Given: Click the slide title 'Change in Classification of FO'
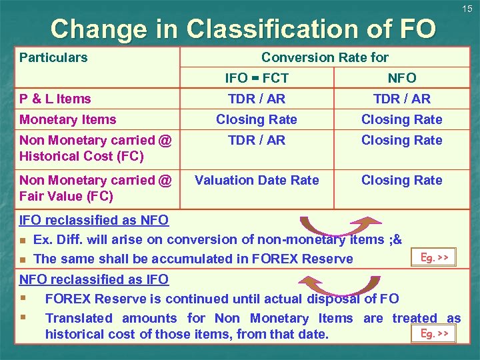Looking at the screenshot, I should (x=243, y=29).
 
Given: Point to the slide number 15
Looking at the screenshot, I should (x=467, y=9).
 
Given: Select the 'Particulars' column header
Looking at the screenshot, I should (x=53, y=57).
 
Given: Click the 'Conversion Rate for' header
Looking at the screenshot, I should (x=325, y=57).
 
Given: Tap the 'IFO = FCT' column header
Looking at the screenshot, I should (x=257, y=78).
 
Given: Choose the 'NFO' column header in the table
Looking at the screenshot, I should (x=402, y=78).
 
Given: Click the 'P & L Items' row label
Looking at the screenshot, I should (x=55, y=99).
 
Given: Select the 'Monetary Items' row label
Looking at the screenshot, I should (x=68, y=119).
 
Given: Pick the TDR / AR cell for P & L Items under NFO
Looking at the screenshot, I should (x=402, y=99).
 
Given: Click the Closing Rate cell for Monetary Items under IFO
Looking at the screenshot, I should (x=257, y=119).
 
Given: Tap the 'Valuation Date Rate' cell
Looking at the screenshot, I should (x=257, y=180).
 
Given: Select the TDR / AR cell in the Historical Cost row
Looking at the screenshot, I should (x=257, y=140).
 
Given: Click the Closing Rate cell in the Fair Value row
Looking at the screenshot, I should (x=402, y=180).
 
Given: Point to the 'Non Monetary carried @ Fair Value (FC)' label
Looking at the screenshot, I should (x=95, y=188).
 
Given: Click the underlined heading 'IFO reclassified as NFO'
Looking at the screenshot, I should (x=94, y=220).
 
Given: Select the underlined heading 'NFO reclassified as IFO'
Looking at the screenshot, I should (x=94, y=279).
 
